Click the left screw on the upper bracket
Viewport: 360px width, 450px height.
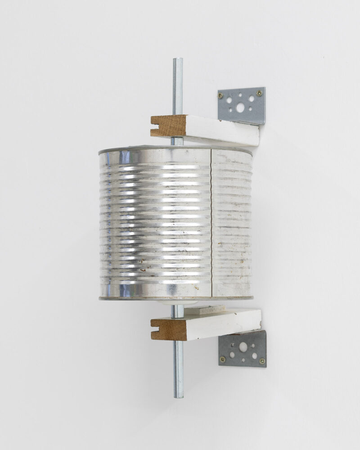(220, 95)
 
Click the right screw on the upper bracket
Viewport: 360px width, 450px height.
(259, 93)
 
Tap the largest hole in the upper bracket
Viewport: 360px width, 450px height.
(240, 108)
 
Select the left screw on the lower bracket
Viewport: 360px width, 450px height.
(222, 359)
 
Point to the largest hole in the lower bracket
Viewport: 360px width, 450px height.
(243, 347)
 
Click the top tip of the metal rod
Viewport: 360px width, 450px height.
(177, 59)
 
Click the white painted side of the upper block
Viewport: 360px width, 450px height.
(223, 130)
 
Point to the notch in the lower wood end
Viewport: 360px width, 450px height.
(154, 329)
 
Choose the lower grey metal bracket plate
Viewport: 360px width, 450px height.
(243, 349)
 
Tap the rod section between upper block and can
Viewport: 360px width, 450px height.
(177, 141)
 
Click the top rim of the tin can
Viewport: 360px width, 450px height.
(175, 148)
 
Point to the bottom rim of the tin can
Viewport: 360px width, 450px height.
(175, 298)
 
